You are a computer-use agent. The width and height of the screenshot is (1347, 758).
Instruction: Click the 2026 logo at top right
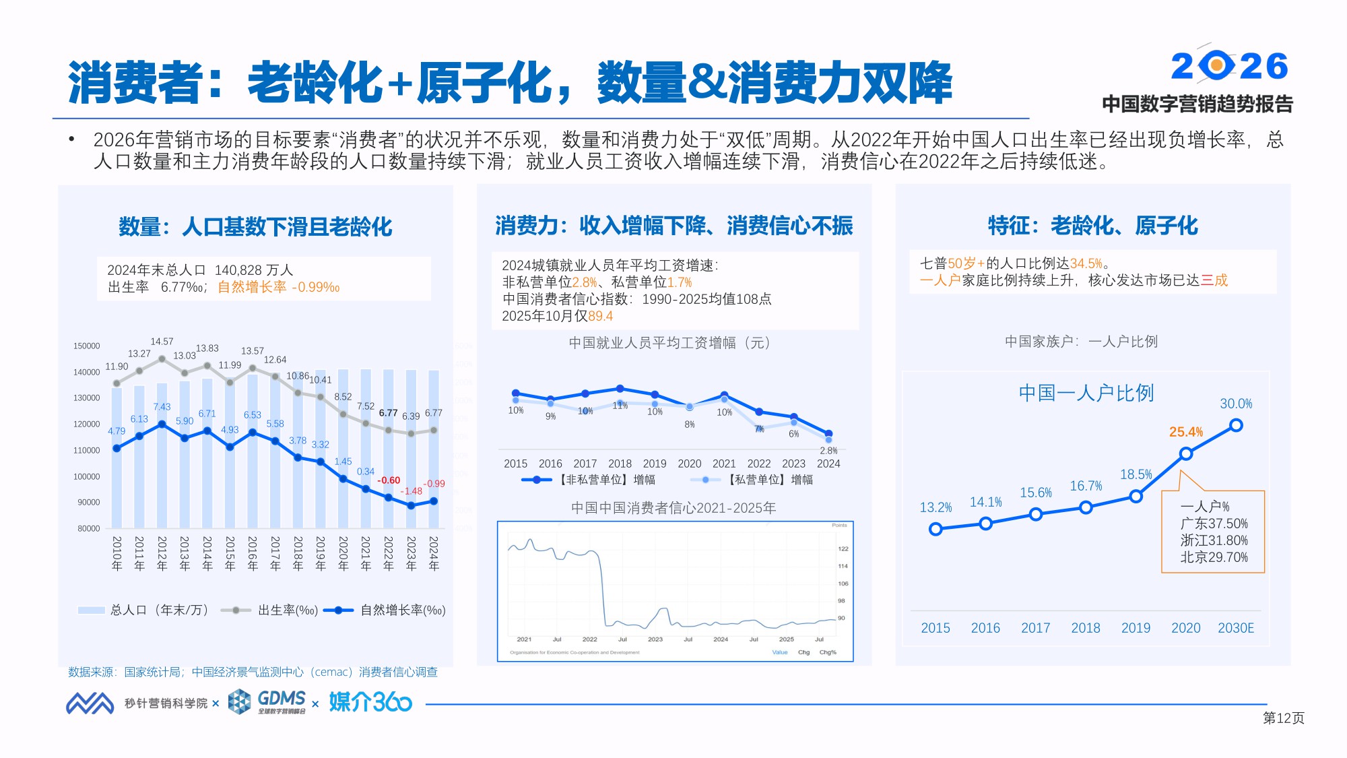[x=1229, y=66]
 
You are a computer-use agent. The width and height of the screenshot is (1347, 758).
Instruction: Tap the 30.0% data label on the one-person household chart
[x=1236, y=404]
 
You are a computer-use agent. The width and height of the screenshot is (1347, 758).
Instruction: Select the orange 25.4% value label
[x=1185, y=432]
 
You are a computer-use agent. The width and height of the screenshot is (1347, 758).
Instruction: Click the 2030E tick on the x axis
[x=1236, y=628]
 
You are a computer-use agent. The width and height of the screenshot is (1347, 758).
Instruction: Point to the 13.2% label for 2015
[x=935, y=507]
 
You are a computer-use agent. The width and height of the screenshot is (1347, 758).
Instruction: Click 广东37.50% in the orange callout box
[x=1214, y=524]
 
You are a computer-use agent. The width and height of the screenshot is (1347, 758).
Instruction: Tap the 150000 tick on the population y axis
[x=86, y=346]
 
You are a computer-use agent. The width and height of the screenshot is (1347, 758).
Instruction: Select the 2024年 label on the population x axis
[x=434, y=554]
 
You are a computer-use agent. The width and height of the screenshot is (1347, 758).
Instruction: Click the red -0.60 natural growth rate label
[x=389, y=480]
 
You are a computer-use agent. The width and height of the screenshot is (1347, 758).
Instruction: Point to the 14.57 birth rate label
[x=162, y=342]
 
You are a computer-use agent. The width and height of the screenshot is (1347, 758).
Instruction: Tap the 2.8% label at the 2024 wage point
[x=828, y=450]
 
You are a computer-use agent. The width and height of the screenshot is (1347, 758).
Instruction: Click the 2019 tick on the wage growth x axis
[x=654, y=464]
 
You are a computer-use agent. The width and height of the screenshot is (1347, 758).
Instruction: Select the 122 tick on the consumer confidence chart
[x=843, y=548]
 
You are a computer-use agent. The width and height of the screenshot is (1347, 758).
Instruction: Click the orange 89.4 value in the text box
[x=600, y=316]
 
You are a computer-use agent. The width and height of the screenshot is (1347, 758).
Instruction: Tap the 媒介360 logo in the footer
[x=370, y=702]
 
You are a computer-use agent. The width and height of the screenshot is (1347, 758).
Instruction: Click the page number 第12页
[x=1283, y=718]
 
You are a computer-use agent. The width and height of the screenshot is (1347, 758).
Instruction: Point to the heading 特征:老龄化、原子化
[x=1092, y=226]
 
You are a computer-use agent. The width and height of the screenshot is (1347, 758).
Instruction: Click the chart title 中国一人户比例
[x=1086, y=393]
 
